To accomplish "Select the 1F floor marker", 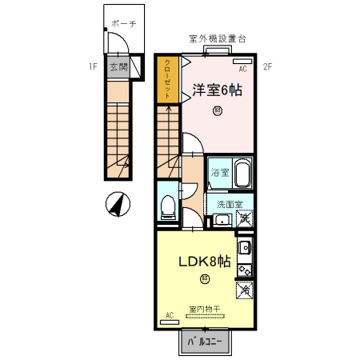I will click(x=93, y=66).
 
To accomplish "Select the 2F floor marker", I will click(x=268, y=66).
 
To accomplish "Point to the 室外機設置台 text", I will click(x=217, y=38).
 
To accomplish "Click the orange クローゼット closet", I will click(x=168, y=79).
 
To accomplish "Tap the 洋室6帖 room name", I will click(x=218, y=90).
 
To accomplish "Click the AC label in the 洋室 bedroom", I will click(x=242, y=69).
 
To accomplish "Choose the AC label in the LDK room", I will click(x=169, y=316).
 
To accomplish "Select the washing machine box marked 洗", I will click(x=245, y=218).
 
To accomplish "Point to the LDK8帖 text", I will click(x=205, y=262).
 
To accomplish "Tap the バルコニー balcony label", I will click(x=205, y=342).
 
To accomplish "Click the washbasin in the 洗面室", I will click(x=223, y=219).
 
